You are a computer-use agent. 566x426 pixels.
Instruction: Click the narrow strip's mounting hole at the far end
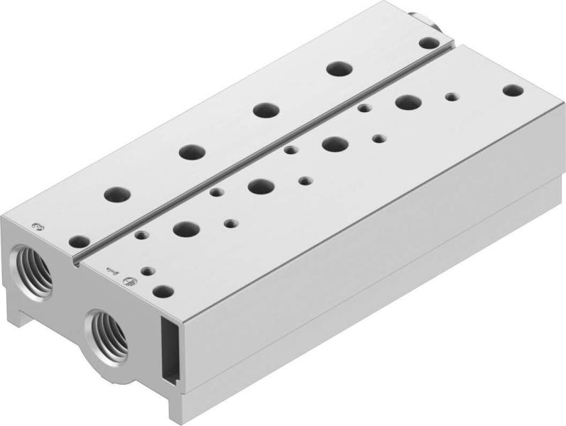[x=426, y=43]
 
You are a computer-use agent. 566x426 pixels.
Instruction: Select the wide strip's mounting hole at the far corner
[x=511, y=90]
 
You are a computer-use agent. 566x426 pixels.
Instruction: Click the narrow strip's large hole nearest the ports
[x=116, y=194]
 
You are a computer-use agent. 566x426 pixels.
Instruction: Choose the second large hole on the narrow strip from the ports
[x=190, y=151]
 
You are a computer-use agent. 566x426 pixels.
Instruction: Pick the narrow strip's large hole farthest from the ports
[x=337, y=70]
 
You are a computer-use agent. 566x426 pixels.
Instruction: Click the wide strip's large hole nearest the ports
[x=186, y=229]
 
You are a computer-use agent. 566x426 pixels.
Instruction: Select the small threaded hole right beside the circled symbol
[x=147, y=271]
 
